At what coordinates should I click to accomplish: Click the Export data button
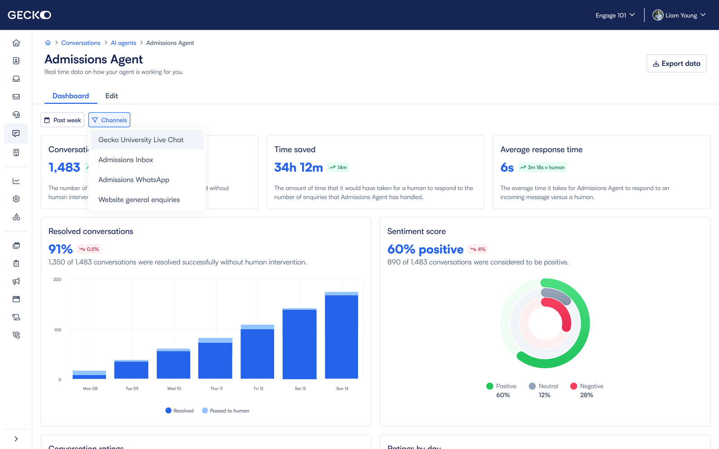pyautogui.click(x=676, y=63)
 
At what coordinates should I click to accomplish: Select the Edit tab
pyautogui.click(x=111, y=96)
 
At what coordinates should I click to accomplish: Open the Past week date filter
pyautogui.click(x=62, y=120)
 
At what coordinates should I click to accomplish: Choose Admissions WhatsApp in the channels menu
pyautogui.click(x=134, y=180)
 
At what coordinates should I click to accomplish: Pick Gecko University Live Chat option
pyautogui.click(x=141, y=140)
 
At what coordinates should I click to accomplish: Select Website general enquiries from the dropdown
pyautogui.click(x=139, y=200)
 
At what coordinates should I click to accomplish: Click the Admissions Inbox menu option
pyautogui.click(x=126, y=160)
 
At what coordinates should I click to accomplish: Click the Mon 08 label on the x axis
pyautogui.click(x=90, y=388)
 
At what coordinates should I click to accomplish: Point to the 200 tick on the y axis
pyautogui.click(x=58, y=279)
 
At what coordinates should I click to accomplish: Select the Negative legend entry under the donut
pyautogui.click(x=587, y=386)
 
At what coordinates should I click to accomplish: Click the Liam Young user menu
pyautogui.click(x=679, y=15)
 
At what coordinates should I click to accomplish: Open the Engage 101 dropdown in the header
pyautogui.click(x=615, y=15)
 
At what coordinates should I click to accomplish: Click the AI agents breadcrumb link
pyautogui.click(x=124, y=43)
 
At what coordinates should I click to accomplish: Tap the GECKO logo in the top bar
pyautogui.click(x=29, y=15)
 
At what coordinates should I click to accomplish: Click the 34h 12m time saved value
pyautogui.click(x=298, y=167)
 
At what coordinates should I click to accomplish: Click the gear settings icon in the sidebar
pyautogui.click(x=16, y=199)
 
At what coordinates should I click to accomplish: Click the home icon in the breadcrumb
pyautogui.click(x=48, y=43)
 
